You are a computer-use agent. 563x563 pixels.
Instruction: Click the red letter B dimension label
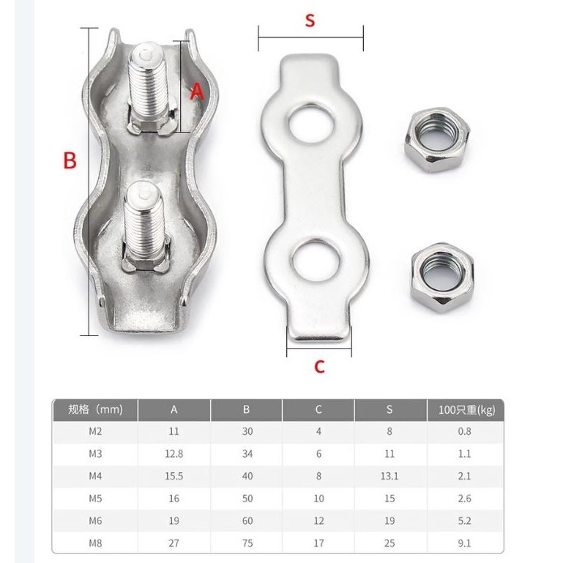tap(70, 160)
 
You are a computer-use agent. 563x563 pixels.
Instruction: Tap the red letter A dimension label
tap(197, 92)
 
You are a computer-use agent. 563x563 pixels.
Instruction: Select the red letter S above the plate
tap(310, 20)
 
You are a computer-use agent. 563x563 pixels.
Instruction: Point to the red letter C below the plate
tap(319, 367)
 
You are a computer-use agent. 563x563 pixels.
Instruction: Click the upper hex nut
tap(437, 139)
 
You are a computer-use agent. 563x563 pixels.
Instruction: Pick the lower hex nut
tap(442, 277)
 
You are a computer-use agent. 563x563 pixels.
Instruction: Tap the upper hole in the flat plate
tap(311, 124)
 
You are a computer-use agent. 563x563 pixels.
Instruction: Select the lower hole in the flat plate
tap(316, 261)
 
